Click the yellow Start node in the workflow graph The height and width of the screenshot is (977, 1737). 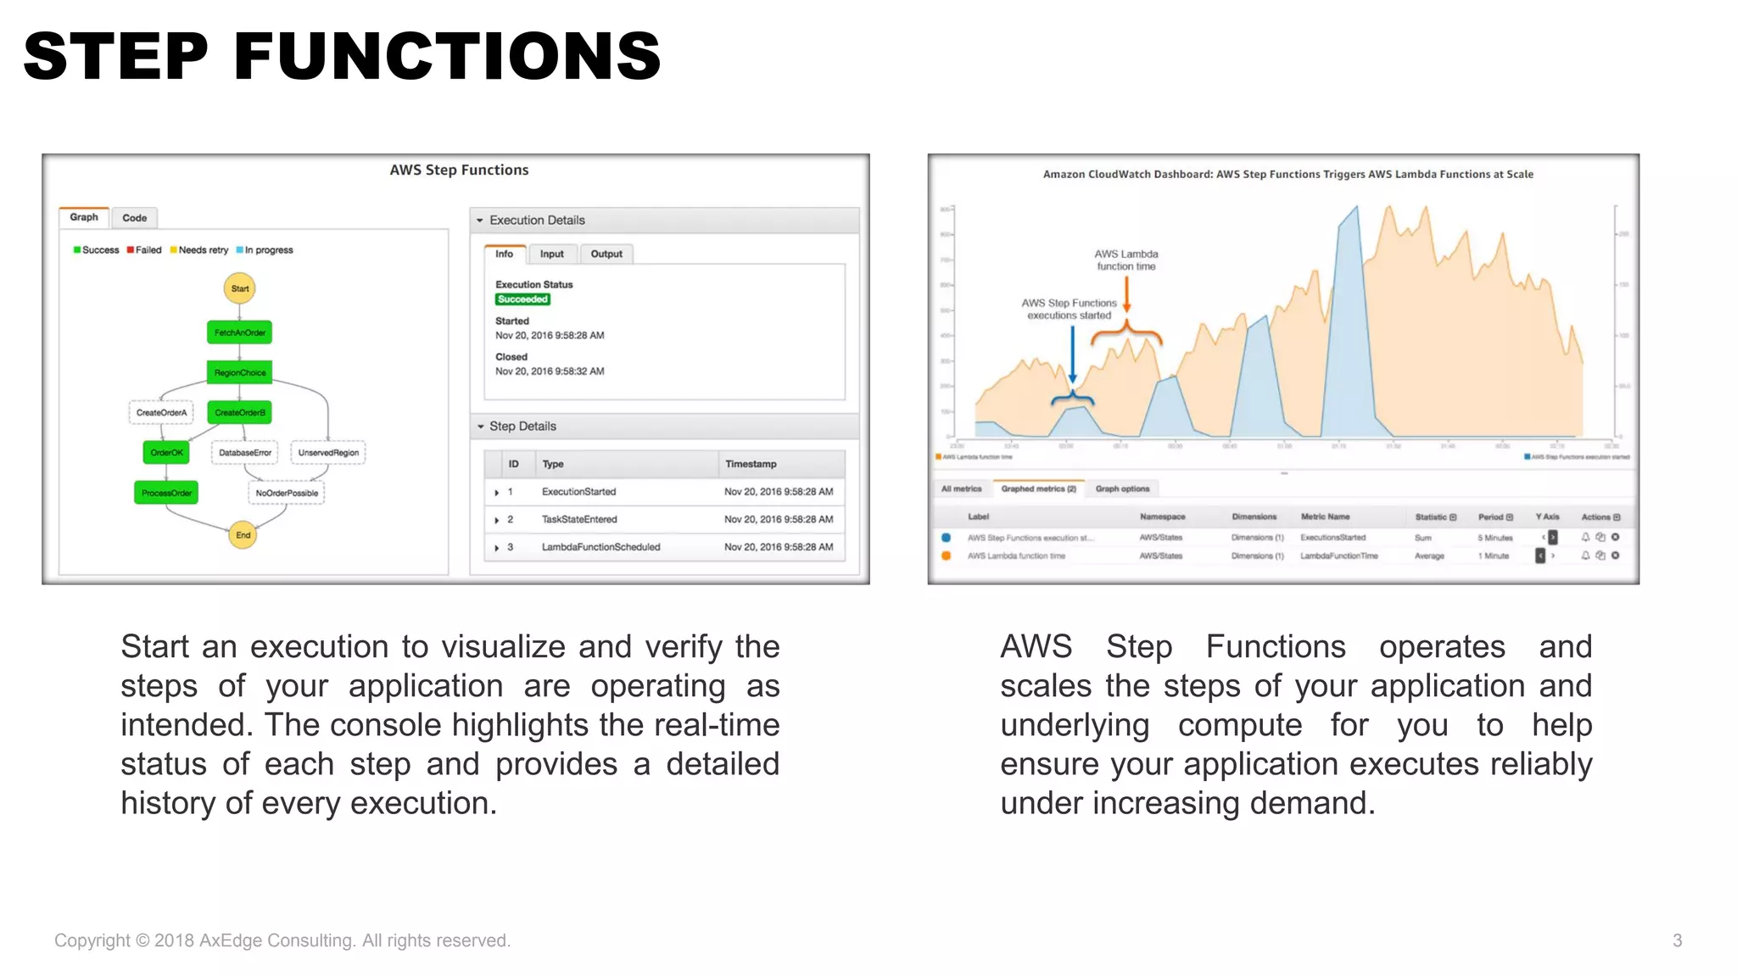240,288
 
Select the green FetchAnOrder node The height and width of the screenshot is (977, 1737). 239,332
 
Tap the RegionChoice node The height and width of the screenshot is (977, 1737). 239,372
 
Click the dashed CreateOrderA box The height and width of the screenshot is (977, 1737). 161,413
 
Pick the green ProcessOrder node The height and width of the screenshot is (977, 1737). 166,493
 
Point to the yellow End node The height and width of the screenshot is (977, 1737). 243,535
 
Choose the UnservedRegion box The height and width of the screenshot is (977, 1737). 328,453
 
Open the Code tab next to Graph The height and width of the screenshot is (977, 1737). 134,218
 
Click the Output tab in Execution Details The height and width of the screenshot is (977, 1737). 606,254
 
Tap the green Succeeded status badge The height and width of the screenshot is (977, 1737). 522,299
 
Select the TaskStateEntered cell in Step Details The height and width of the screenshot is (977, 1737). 579,519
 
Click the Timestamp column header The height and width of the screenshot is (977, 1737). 751,464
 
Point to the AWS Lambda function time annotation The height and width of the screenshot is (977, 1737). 1125,260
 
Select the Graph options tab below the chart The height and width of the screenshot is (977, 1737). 1122,488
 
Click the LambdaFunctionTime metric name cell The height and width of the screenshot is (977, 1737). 1338,556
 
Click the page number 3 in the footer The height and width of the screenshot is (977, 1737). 1677,940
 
